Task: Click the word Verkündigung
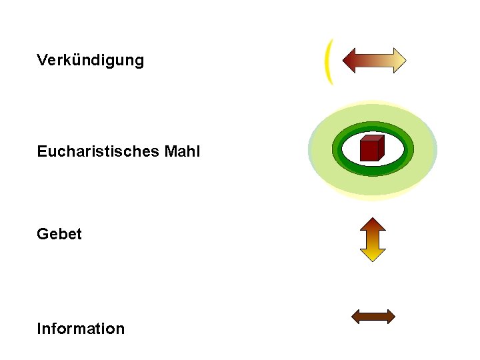[90, 61]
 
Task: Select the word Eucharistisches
[97, 152]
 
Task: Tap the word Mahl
[181, 152]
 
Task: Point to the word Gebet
[59, 234]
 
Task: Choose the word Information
[81, 329]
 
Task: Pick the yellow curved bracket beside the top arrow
[327, 61]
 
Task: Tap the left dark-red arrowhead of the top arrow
[350, 61]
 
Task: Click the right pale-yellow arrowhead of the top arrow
[398, 61]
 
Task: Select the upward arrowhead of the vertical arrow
[373, 224]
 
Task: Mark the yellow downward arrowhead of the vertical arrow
[373, 254]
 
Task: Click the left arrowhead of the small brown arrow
[357, 316]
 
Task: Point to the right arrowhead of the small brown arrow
[390, 316]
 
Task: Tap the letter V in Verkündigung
[42, 61]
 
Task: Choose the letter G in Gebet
[43, 234]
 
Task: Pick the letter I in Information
[39, 329]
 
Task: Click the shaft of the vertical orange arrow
[373, 239]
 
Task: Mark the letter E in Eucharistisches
[41, 152]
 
